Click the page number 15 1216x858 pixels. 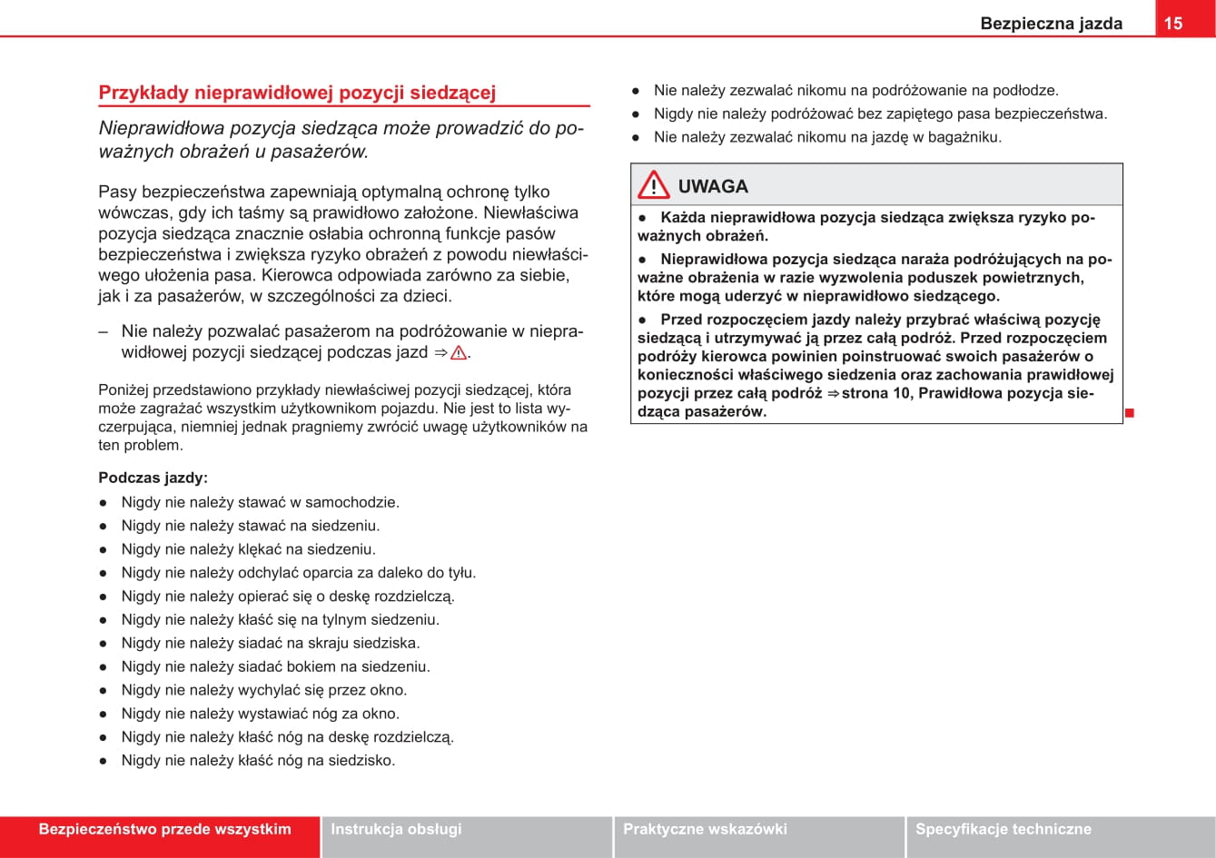pyautogui.click(x=1173, y=24)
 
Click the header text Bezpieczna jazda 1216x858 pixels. pyautogui.click(x=1051, y=24)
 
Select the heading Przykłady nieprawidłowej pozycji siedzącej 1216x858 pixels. pyautogui.click(x=297, y=93)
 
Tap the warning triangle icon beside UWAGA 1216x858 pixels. pyautogui.click(x=653, y=186)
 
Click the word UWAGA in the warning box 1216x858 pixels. pyautogui.click(x=713, y=187)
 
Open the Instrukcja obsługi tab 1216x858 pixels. pyautogui.click(x=396, y=829)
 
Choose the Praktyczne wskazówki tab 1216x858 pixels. pyautogui.click(x=705, y=829)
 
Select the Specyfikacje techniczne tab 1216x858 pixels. pyautogui.click(x=1003, y=829)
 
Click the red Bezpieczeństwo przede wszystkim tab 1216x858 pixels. pyautogui.click(x=164, y=829)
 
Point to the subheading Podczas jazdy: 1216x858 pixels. pyautogui.click(x=153, y=478)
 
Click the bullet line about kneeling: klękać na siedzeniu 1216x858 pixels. pyautogui.click(x=248, y=549)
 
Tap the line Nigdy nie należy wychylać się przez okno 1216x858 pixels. pyautogui.click(x=264, y=690)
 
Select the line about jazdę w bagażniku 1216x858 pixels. pyautogui.click(x=827, y=138)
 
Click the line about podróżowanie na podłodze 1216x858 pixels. pyautogui.click(x=855, y=91)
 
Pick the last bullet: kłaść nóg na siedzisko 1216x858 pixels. pyautogui.click(x=258, y=761)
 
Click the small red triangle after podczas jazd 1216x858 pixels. pyautogui.click(x=458, y=353)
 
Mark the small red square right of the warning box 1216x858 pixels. pyautogui.click(x=1129, y=413)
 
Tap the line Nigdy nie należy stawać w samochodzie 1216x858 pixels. pyautogui.click(x=260, y=502)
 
